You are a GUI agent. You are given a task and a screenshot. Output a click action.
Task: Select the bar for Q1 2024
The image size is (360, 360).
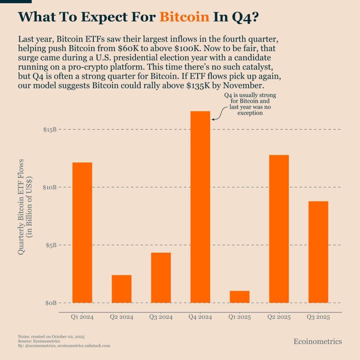pyautogui.click(x=82, y=232)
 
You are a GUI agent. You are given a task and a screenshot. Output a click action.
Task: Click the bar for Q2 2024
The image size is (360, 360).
pyautogui.click(x=122, y=289)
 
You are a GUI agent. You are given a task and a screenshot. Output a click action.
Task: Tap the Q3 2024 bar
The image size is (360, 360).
pyautogui.click(x=161, y=277)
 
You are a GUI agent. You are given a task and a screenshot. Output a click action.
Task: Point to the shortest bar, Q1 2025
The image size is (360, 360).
pyautogui.click(x=239, y=297)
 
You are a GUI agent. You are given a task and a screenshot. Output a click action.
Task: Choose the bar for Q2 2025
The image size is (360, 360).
pyautogui.click(x=279, y=229)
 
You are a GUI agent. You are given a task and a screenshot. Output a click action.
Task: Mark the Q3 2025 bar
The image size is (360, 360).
pyautogui.click(x=318, y=252)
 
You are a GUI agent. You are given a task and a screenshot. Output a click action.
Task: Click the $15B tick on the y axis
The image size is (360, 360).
pyautogui.click(x=50, y=130)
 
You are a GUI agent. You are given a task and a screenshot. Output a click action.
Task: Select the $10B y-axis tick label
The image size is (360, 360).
pyautogui.click(x=50, y=187)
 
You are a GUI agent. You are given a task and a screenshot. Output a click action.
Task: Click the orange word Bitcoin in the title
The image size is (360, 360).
pyautogui.click(x=184, y=17)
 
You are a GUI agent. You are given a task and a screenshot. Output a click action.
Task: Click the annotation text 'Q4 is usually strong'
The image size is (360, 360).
pyautogui.click(x=250, y=96)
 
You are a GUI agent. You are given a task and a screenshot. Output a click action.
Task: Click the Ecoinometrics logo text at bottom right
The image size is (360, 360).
pyautogui.click(x=317, y=341)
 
